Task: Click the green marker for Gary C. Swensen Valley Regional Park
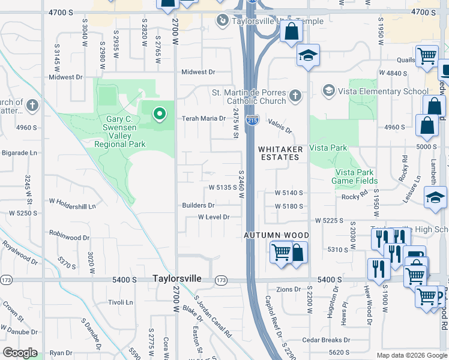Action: click(x=159, y=113)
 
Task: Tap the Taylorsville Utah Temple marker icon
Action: click(x=222, y=21)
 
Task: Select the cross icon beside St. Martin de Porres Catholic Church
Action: click(x=295, y=96)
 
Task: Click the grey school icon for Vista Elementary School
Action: click(x=328, y=91)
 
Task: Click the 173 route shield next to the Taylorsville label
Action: click(x=221, y=280)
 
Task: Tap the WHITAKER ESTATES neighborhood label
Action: click(x=279, y=152)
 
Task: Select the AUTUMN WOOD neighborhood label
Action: click(x=276, y=236)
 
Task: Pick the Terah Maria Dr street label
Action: click(x=204, y=118)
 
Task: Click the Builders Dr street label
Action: click(x=198, y=205)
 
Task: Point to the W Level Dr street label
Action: click(x=214, y=217)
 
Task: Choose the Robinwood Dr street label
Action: click(x=69, y=236)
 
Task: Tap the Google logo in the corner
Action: click(x=19, y=353)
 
